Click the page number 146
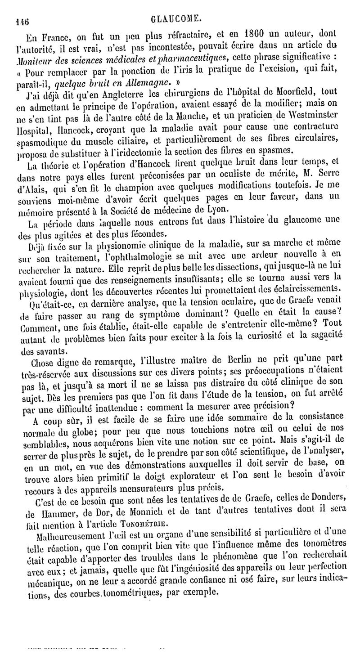tap(22, 20)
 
